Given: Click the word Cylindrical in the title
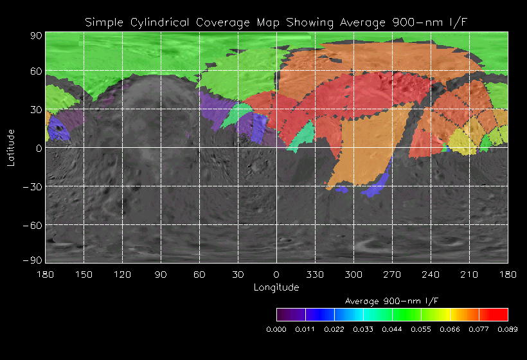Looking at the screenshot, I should [x=159, y=22].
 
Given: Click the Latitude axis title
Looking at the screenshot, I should [x=10, y=147].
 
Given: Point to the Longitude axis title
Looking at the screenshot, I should [x=276, y=287].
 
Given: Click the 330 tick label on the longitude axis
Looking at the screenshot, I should [x=315, y=274].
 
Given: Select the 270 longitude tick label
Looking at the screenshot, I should [x=392, y=274].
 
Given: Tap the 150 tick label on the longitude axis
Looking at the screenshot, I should [x=84, y=274].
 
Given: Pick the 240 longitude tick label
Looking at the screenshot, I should [x=431, y=274].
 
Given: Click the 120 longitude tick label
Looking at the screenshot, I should [x=122, y=274].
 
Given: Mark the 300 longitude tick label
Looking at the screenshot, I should [x=353, y=274].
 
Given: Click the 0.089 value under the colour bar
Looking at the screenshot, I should [x=508, y=329].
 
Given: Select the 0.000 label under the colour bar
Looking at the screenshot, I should [x=276, y=329].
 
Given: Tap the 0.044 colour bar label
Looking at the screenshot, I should [x=392, y=329].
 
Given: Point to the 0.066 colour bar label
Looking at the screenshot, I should [x=450, y=329].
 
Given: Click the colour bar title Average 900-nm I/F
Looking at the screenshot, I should [x=392, y=301].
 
